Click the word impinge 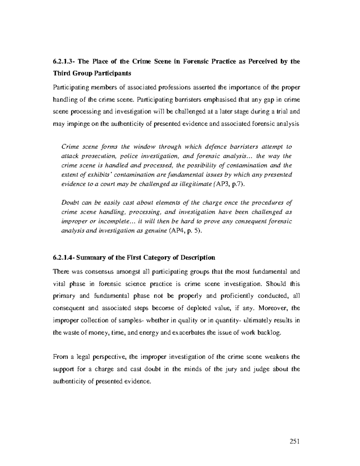[x=75, y=124]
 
